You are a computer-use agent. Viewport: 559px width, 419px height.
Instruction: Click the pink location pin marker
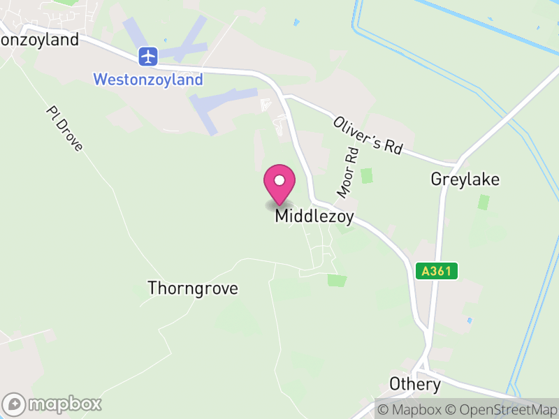pos(279,184)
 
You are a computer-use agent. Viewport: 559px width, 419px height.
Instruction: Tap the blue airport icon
pos(148,55)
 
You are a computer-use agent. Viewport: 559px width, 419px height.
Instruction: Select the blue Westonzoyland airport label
pos(148,79)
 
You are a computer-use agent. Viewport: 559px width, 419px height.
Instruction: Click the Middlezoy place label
pos(314,216)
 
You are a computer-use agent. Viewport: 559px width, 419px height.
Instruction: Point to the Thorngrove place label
pos(193,288)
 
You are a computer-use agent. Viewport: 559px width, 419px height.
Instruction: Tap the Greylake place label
pos(465,179)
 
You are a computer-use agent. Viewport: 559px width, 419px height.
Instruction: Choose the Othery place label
pos(415,384)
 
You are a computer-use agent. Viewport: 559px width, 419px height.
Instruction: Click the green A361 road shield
pos(436,271)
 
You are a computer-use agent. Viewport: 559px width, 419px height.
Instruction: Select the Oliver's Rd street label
pos(368,135)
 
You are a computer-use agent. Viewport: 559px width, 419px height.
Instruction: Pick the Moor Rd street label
pos(347,171)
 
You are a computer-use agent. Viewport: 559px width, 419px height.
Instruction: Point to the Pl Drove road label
pos(65,128)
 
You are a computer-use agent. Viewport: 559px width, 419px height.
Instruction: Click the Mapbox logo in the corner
pos(52,404)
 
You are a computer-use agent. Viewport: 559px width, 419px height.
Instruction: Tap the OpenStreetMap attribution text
pos(501,409)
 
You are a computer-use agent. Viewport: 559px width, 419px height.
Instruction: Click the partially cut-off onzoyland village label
pos(40,40)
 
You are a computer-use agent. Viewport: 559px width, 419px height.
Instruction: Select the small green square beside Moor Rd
pos(366,176)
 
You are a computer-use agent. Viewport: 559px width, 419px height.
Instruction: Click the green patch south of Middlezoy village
pos(337,280)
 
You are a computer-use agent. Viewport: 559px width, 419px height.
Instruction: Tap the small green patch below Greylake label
pos(484,202)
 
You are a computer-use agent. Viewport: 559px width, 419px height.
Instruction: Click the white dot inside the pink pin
pos(279,181)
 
